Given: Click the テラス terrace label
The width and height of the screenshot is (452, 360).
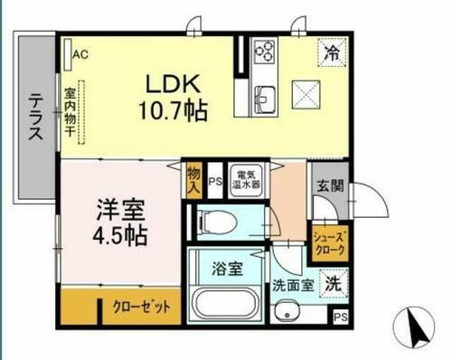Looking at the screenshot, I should pos(35,118).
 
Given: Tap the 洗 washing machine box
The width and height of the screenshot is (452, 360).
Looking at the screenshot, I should pos(333,280).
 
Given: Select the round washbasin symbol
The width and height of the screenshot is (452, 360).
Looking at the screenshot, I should pos(294,315).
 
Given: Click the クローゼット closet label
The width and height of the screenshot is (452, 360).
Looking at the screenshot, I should pos(141,306).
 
